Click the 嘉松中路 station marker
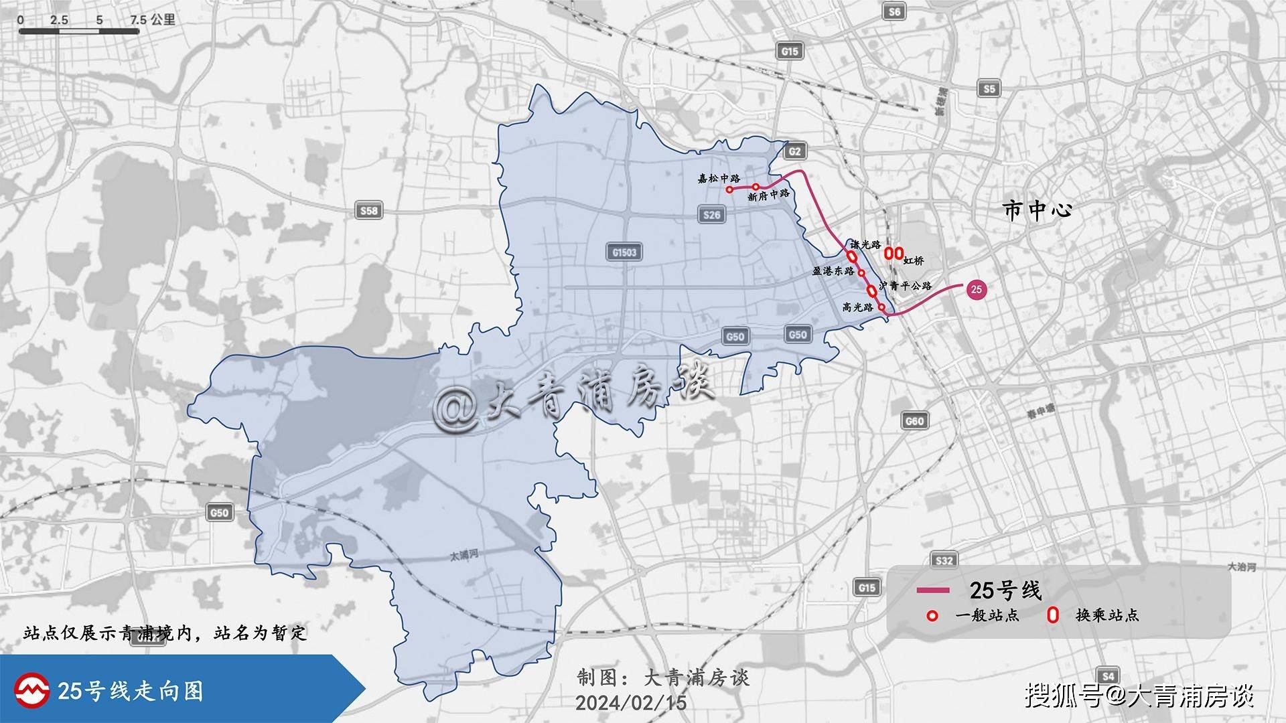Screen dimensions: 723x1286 (729, 189)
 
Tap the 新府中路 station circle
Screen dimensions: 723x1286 (756, 187)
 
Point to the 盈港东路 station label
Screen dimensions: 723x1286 (833, 271)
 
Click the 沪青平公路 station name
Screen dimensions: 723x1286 (906, 286)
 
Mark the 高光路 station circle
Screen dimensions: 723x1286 (881, 307)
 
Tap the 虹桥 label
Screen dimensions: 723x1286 (914, 260)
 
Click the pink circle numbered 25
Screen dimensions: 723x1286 (976, 289)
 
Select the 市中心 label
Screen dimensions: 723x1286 (1038, 210)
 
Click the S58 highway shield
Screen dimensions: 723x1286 (368, 211)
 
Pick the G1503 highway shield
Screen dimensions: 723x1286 (624, 252)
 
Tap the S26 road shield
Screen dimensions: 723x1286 (711, 214)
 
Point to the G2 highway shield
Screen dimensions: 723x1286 (794, 151)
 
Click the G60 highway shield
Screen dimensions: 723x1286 (914, 420)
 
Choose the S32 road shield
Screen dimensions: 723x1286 (944, 560)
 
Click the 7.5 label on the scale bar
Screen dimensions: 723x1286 (139, 20)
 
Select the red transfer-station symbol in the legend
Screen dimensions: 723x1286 (1053, 615)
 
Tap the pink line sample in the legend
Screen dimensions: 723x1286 (933, 590)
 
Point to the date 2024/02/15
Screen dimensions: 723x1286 (630, 702)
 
